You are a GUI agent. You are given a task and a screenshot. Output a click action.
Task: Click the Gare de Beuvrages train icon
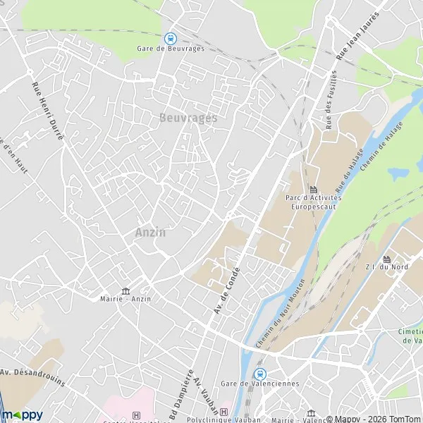169,39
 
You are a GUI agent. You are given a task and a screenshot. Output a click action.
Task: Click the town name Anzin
150,233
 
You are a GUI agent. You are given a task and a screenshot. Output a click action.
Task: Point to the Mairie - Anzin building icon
126,291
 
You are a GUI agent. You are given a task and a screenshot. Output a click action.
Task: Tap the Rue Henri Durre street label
47,111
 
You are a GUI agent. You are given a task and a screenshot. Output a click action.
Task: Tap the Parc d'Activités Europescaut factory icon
313,190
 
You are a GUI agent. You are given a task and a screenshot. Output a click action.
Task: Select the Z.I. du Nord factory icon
387,259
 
